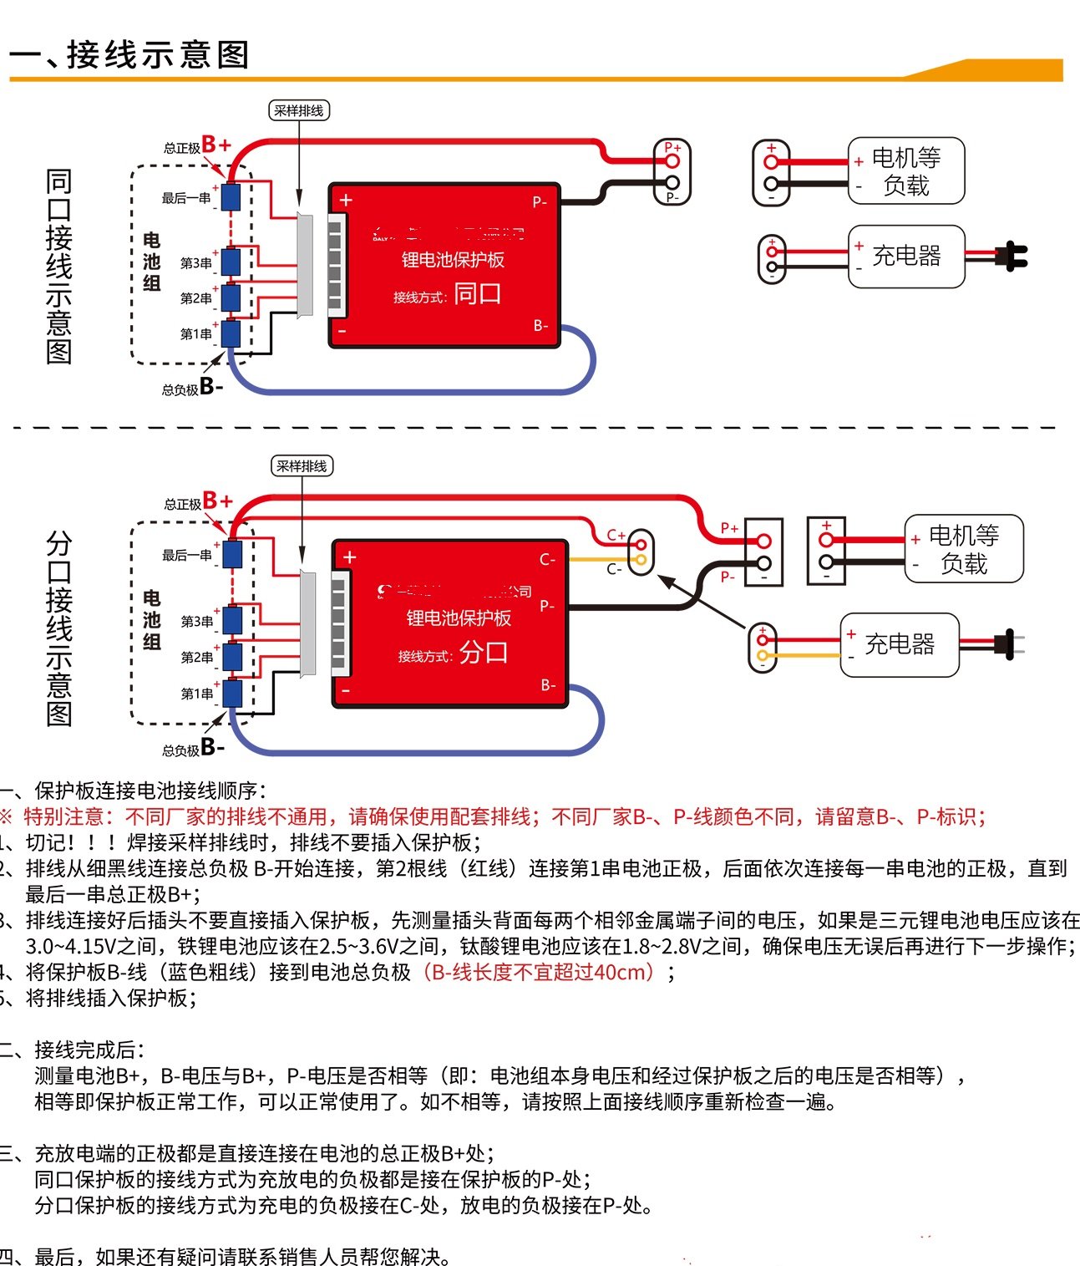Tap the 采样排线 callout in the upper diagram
[298, 110]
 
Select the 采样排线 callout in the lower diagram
[302, 466]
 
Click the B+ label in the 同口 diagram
[216, 145]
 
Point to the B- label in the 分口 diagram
[212, 747]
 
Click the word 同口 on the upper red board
[478, 294]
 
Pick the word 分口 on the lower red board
[484, 652]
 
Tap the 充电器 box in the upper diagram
[906, 256]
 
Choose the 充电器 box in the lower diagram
[900, 644]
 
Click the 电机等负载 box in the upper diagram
[906, 171]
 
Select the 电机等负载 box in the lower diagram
[964, 549]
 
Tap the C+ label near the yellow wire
[616, 535]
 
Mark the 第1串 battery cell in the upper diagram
[231, 334]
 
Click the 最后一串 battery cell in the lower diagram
[232, 554]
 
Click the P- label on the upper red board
[540, 201]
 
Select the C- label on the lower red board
[546, 559]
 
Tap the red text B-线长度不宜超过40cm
[540, 972]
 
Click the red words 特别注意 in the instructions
[63, 816]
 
